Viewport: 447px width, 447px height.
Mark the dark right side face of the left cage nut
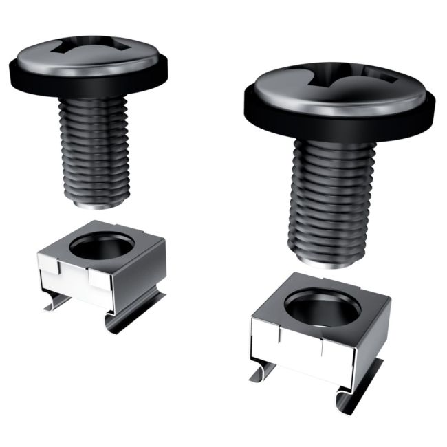pos(150,275)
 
